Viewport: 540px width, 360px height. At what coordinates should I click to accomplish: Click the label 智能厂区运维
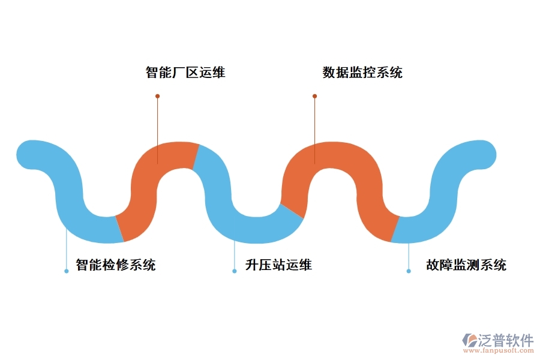pyautogui.click(x=185, y=73)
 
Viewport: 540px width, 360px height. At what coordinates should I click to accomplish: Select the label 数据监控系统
pyautogui.click(x=362, y=73)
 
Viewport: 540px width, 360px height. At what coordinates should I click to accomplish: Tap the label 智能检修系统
pyautogui.click(x=115, y=265)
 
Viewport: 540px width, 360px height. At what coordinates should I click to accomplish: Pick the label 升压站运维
pyautogui.click(x=278, y=265)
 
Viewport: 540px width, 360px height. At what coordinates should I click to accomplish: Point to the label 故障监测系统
pyautogui.click(x=466, y=265)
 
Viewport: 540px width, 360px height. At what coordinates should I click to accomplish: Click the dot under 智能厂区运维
pyautogui.click(x=157, y=96)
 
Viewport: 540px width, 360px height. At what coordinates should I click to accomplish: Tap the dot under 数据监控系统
pyautogui.click(x=314, y=96)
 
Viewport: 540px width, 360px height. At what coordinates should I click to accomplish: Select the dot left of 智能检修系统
pyautogui.click(x=67, y=271)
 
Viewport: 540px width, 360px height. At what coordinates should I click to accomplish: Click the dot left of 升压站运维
pyautogui.click(x=235, y=271)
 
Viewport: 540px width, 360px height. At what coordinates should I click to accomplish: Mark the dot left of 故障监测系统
pyautogui.click(x=409, y=271)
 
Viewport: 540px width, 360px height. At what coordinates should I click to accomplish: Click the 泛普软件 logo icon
pyautogui.click(x=469, y=341)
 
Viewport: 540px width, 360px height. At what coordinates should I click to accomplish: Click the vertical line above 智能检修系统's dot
pyautogui.click(x=67, y=249)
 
